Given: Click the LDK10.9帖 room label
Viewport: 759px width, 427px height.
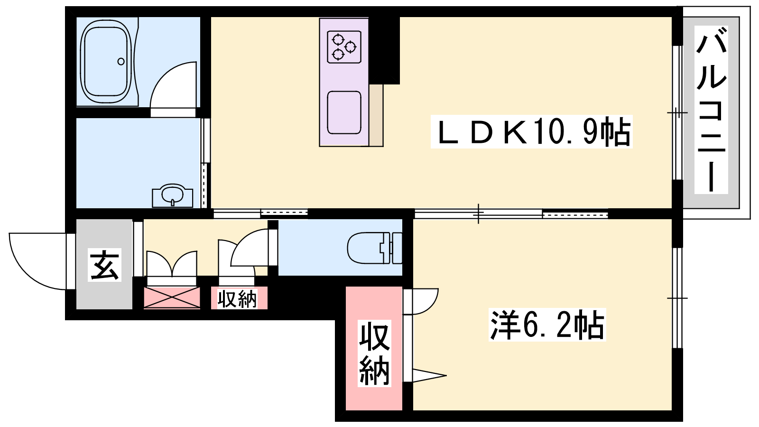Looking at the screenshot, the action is coord(531,131).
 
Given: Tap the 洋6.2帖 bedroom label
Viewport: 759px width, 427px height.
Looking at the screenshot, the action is coord(547,325).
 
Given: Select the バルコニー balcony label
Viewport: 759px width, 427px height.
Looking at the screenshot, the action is coord(711,110).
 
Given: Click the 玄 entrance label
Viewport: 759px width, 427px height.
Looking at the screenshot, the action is coord(104,265).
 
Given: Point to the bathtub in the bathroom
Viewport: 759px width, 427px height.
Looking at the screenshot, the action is coord(106,62).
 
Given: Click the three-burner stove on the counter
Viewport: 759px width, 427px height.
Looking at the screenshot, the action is coord(344,47).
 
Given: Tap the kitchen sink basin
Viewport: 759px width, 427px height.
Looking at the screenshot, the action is coord(344,112).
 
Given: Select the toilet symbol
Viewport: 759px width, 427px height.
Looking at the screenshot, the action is coord(374,248).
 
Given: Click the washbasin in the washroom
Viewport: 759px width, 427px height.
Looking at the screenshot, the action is coord(173,196).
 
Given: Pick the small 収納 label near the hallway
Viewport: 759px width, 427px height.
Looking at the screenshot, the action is coord(237,299).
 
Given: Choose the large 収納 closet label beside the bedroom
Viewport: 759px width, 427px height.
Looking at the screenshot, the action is coord(374,353).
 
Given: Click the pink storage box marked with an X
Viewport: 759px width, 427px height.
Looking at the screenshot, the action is coord(172,298).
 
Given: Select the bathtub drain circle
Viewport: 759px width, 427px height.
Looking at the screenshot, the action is coord(121,62).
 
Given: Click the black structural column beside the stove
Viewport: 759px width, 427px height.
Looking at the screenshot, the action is coord(384,50).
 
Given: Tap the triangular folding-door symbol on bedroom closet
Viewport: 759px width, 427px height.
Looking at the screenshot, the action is coord(429,375).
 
